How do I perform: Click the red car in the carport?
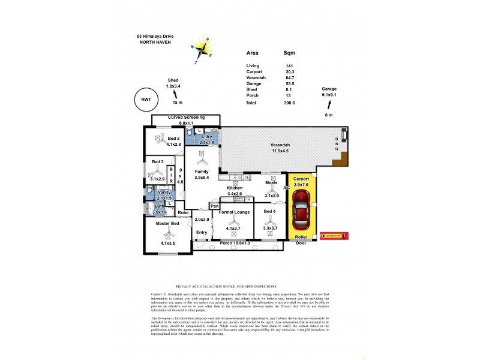(x=299, y=211)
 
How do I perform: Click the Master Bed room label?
(x=167, y=224)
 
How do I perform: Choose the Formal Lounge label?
(x=233, y=212)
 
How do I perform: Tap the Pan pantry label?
(x=214, y=206)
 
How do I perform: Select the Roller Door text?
(x=300, y=240)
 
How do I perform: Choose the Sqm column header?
(x=289, y=53)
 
